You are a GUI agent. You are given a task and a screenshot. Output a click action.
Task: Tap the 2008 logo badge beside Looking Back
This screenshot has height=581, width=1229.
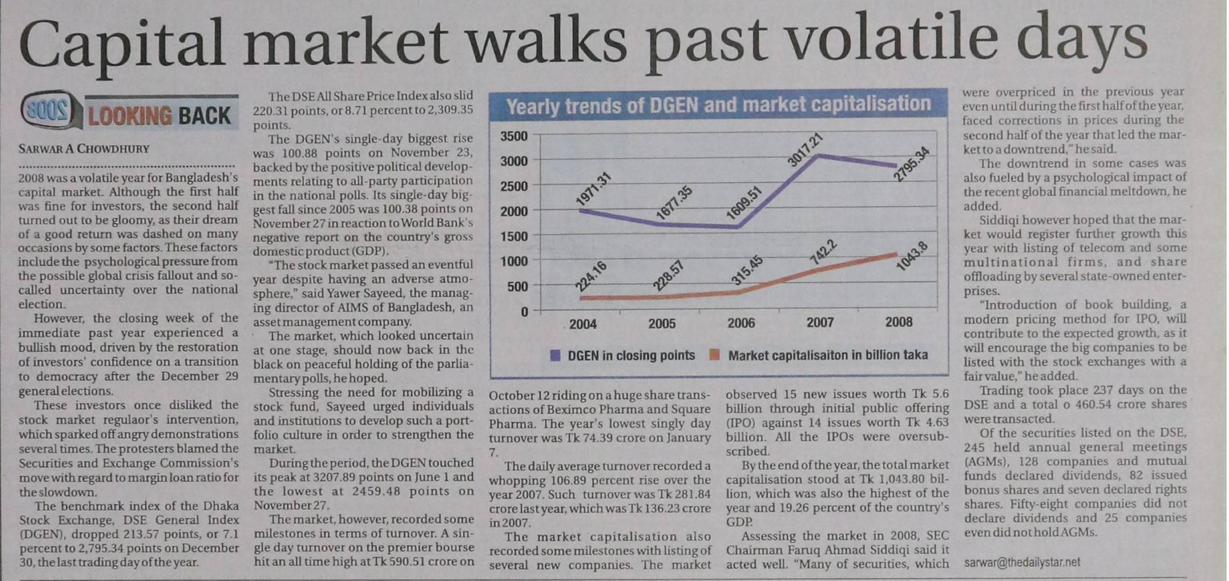[x=49, y=111]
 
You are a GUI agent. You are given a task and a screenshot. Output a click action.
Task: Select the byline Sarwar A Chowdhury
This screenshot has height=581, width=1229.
[x=84, y=148]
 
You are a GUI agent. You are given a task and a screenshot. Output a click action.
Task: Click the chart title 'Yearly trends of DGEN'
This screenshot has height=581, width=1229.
[x=718, y=105]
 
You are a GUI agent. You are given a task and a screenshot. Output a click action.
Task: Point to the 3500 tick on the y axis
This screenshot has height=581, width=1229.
[x=514, y=136]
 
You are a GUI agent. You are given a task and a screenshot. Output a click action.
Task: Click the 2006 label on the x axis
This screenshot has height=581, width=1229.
[x=741, y=323]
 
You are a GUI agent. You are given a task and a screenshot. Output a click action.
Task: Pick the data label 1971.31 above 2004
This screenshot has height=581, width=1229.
[x=593, y=189]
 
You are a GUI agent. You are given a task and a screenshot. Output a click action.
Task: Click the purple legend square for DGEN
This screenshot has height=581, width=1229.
[x=555, y=355]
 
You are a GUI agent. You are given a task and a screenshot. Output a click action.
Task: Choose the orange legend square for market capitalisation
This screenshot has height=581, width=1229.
[x=715, y=355]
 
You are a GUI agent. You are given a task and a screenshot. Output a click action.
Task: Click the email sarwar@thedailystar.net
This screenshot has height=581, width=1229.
[x=1022, y=562]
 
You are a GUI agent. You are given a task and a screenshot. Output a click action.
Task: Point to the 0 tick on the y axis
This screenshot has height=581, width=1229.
[x=524, y=311]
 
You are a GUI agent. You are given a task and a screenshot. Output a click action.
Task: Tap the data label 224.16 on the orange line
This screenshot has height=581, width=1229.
[x=591, y=276]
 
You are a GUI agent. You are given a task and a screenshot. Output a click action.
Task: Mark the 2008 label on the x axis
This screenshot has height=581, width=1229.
[x=899, y=322]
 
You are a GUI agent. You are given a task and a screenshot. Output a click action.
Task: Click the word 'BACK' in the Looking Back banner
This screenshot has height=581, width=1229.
[x=204, y=116]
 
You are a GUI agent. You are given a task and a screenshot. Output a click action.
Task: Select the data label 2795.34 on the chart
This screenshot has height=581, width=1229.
[x=912, y=163]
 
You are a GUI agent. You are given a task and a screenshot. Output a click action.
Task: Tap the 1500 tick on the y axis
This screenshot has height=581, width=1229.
[x=514, y=236]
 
